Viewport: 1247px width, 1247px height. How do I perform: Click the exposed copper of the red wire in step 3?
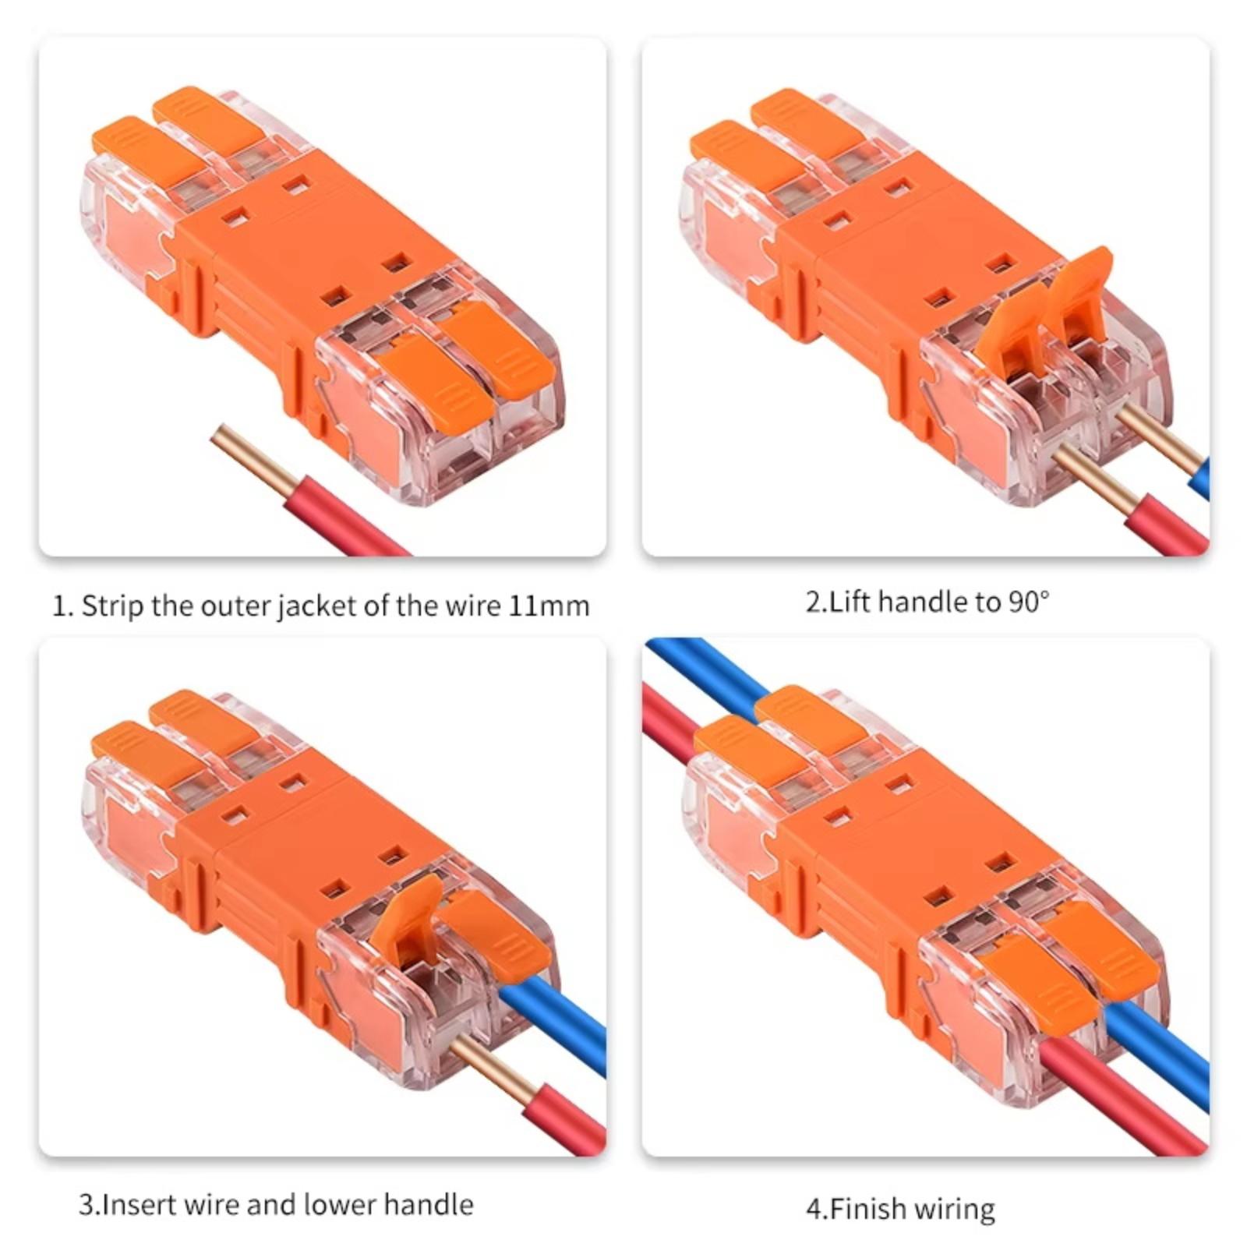[x=490, y=1069]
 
